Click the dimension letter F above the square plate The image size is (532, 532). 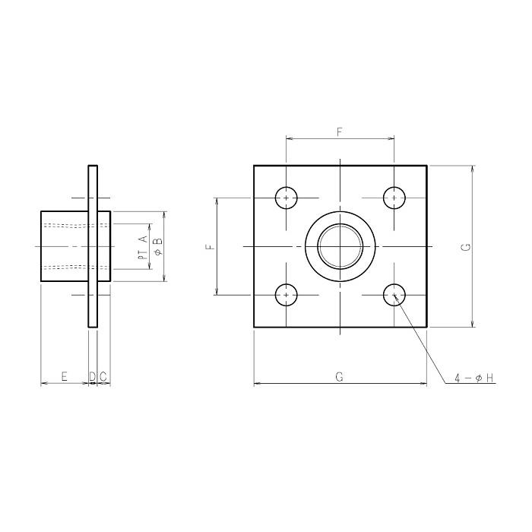(x=340, y=132)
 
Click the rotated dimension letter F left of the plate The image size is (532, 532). (x=211, y=246)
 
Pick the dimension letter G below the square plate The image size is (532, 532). (x=339, y=377)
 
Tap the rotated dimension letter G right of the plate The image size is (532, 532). (x=467, y=247)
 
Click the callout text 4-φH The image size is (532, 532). (x=474, y=378)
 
